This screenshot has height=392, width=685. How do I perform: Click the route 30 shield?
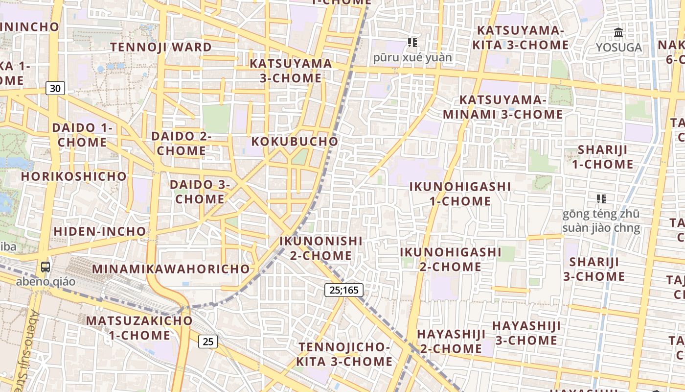click(x=55, y=89)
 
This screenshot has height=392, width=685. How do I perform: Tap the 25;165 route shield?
click(x=344, y=290)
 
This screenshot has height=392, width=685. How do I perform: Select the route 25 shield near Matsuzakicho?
click(x=208, y=341)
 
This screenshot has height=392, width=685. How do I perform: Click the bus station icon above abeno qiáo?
click(x=46, y=267)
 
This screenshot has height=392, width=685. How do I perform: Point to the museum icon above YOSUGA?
click(x=618, y=33)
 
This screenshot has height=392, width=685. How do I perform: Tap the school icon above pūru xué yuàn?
click(x=412, y=43)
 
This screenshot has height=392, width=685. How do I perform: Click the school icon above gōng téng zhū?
click(x=601, y=198)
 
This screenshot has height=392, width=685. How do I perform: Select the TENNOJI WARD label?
click(x=161, y=47)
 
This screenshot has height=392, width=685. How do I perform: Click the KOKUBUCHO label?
click(x=295, y=142)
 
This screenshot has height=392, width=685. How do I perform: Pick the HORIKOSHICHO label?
click(x=74, y=176)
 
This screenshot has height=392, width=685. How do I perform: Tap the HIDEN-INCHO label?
click(x=100, y=231)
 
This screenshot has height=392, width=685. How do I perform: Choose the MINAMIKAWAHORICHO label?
click(x=171, y=269)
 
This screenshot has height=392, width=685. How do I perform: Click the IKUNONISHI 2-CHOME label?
click(x=321, y=248)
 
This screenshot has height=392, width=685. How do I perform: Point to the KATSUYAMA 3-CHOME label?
click(x=291, y=71)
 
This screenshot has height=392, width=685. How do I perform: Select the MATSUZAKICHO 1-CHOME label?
click(x=139, y=328)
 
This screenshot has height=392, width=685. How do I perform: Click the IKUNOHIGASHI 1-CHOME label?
click(x=460, y=194)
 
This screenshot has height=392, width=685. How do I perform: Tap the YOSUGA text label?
click(x=618, y=48)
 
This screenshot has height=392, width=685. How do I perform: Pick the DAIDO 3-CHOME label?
click(x=200, y=192)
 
